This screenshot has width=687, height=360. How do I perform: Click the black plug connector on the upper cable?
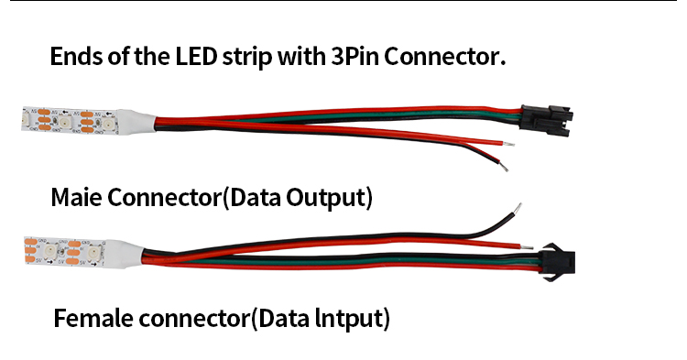(544, 118)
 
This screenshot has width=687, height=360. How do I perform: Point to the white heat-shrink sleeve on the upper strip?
(136, 121)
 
